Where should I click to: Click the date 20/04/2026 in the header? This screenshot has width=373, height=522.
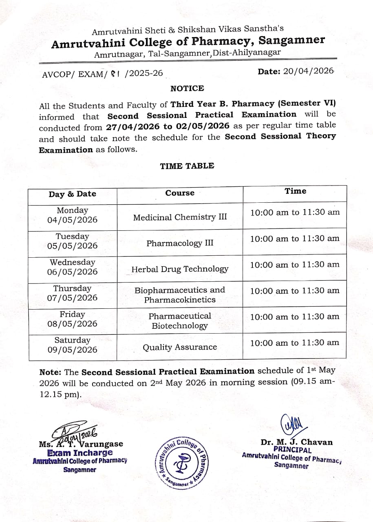click(x=309, y=71)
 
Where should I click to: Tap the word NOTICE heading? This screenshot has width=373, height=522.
click(x=187, y=88)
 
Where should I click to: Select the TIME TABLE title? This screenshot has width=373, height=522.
click(x=187, y=166)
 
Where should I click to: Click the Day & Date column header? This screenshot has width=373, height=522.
click(x=73, y=194)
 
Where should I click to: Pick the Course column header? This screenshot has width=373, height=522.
click(x=180, y=193)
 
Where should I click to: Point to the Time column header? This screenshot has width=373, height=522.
click(x=295, y=191)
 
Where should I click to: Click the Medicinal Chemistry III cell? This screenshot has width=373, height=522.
click(x=180, y=217)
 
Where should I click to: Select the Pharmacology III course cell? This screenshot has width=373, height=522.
click(x=180, y=243)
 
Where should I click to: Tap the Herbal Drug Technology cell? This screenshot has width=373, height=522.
click(x=180, y=269)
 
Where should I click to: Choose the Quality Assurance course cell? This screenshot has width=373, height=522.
click(x=180, y=347)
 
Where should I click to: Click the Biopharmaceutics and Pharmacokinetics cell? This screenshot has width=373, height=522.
click(x=180, y=295)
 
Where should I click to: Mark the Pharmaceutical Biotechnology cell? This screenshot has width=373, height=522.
click(x=180, y=321)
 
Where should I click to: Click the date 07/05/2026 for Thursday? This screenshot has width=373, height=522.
click(x=73, y=298)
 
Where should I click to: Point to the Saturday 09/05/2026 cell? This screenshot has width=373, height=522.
click(x=73, y=345)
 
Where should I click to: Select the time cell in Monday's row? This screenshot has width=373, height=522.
click(x=295, y=212)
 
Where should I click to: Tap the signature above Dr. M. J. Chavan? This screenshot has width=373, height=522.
click(x=291, y=425)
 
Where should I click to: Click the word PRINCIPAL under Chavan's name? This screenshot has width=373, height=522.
click(x=292, y=450)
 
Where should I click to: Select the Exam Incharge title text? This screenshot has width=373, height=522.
click(x=80, y=453)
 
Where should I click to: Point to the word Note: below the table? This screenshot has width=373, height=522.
click(x=51, y=372)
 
